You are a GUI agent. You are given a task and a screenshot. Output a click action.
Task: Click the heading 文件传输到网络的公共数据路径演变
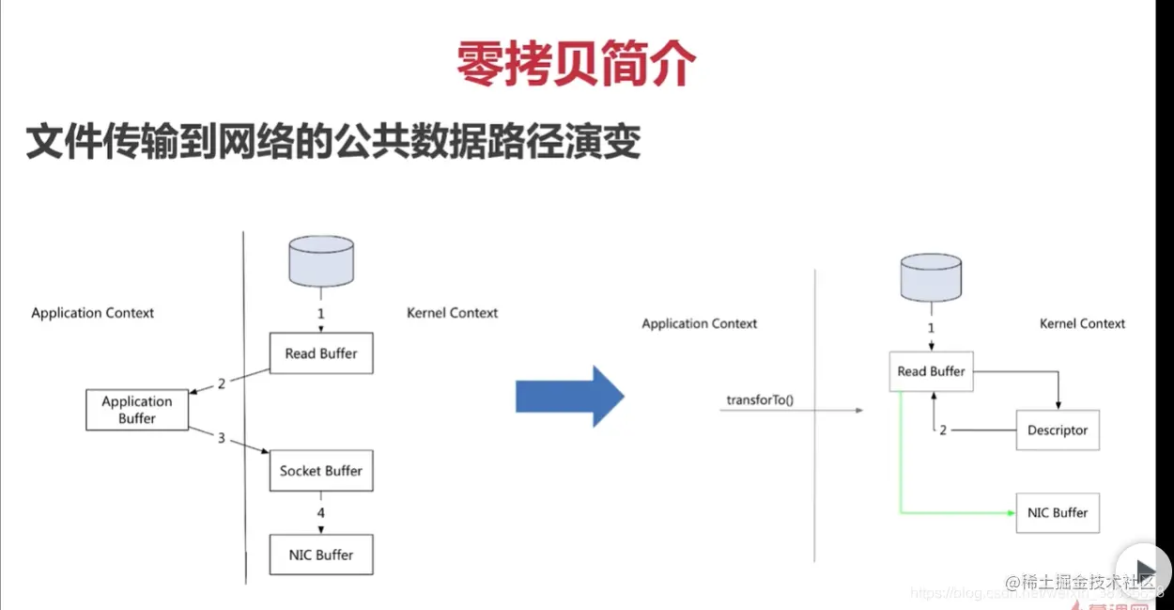tap(333, 141)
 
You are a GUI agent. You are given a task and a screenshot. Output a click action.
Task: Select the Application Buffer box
tap(137, 410)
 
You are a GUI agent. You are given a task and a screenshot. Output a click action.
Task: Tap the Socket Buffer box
tap(321, 471)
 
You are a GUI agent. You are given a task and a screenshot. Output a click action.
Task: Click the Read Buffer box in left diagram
tap(321, 353)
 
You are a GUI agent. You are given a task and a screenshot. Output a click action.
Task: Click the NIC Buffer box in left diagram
tap(321, 555)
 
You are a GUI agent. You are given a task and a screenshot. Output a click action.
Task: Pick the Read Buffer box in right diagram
tap(931, 371)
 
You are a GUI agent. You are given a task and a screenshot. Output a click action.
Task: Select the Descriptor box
tap(1058, 430)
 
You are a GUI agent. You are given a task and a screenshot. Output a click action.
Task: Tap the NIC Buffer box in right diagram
tap(1058, 513)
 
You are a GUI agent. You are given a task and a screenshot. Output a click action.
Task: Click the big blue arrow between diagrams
tap(569, 398)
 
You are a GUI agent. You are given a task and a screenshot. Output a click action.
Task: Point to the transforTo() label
tap(760, 400)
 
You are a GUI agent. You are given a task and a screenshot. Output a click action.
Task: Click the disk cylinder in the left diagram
tap(322, 260)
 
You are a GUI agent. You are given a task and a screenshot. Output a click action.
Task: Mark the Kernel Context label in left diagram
tap(452, 313)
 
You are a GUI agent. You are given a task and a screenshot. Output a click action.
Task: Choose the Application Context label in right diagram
tap(699, 323)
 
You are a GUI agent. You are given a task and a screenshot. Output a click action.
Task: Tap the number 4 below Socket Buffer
tap(321, 513)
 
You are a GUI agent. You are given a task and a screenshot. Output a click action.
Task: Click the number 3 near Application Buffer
tap(222, 438)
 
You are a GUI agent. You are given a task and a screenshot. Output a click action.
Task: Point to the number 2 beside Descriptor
tap(943, 430)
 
